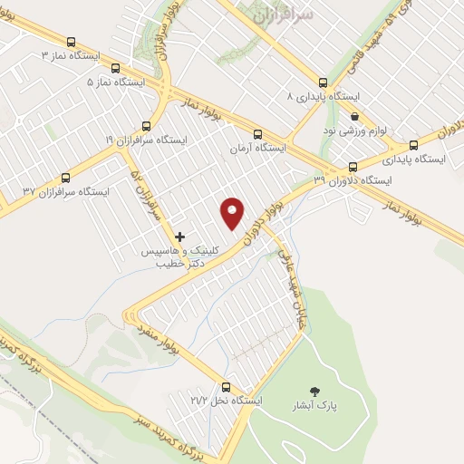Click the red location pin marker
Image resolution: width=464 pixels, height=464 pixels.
233,212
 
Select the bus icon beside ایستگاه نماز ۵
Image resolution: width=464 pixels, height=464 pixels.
114,68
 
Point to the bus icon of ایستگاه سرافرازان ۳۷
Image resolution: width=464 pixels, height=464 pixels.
64,178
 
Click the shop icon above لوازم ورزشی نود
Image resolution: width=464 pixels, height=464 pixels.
354,117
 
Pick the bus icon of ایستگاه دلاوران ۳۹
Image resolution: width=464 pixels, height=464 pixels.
353,167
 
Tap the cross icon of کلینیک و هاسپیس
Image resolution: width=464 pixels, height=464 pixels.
180,236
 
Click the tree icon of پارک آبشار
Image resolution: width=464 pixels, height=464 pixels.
314,391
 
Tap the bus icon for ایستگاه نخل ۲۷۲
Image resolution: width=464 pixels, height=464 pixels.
226,387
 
